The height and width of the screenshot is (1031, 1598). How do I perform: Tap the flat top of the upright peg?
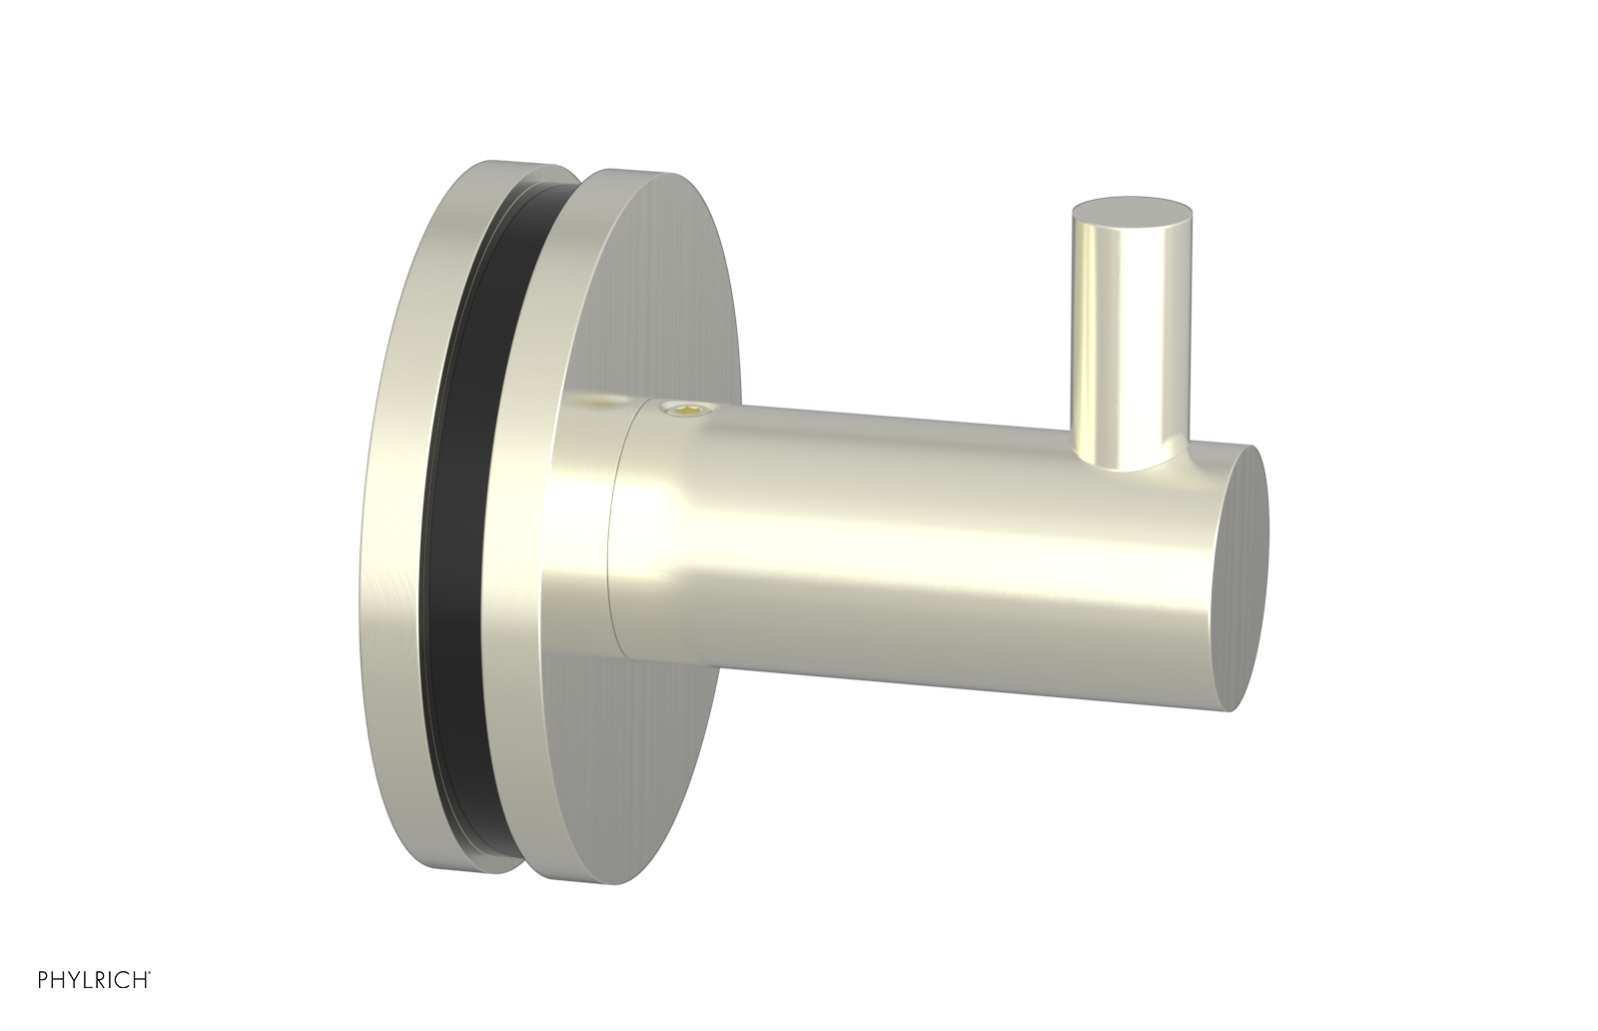(1132, 213)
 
